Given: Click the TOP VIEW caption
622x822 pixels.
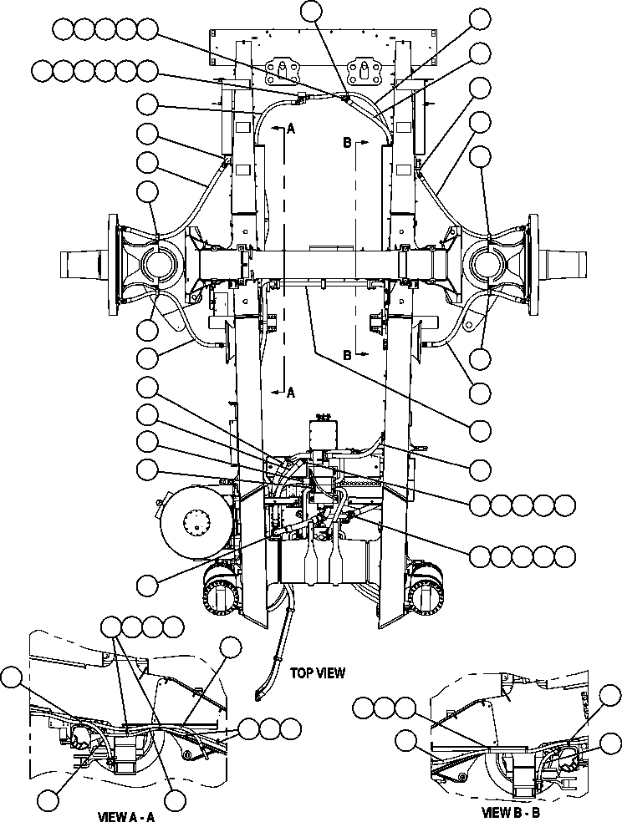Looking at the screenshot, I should tap(317, 672).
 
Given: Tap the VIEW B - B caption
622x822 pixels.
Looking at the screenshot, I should tap(517, 810).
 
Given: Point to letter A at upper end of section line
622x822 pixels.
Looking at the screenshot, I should tap(291, 129).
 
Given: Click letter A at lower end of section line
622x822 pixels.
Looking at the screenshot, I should tap(290, 391).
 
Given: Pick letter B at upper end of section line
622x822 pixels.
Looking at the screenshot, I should tap(347, 143).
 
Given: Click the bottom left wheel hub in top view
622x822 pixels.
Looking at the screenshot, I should tap(221, 600).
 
